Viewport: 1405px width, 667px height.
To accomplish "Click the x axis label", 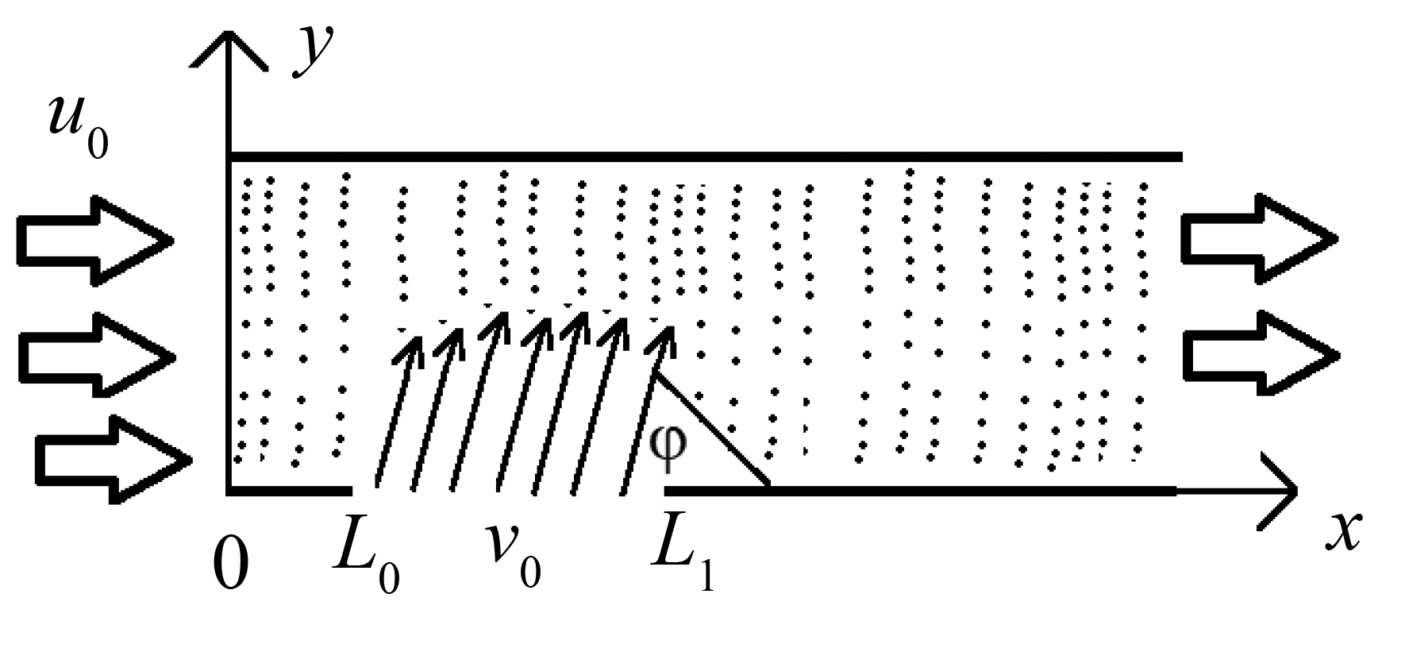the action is [x=1342, y=532].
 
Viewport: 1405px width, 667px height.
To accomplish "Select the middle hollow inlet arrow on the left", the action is [x=95, y=354].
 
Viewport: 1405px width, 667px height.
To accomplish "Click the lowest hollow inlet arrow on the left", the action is [x=114, y=459].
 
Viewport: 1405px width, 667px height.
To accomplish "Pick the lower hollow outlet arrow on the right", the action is [x=1261, y=353].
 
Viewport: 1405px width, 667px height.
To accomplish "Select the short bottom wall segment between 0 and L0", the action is [x=289, y=491].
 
